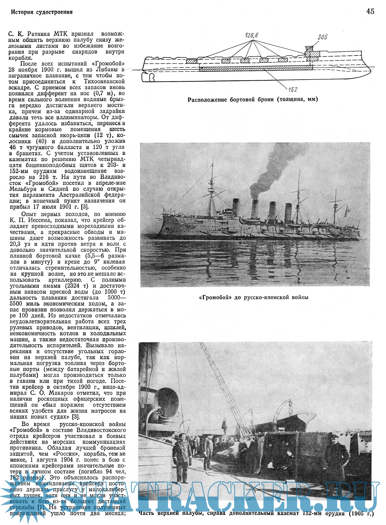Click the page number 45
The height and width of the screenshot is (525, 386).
pos(370,11)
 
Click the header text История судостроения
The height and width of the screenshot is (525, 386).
pos(42,12)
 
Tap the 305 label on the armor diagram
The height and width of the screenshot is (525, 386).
pos(322,37)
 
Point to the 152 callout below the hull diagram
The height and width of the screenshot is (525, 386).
pos(293,89)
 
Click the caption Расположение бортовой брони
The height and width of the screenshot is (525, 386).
pos(252,99)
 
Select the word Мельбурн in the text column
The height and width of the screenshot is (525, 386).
pos(25,189)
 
